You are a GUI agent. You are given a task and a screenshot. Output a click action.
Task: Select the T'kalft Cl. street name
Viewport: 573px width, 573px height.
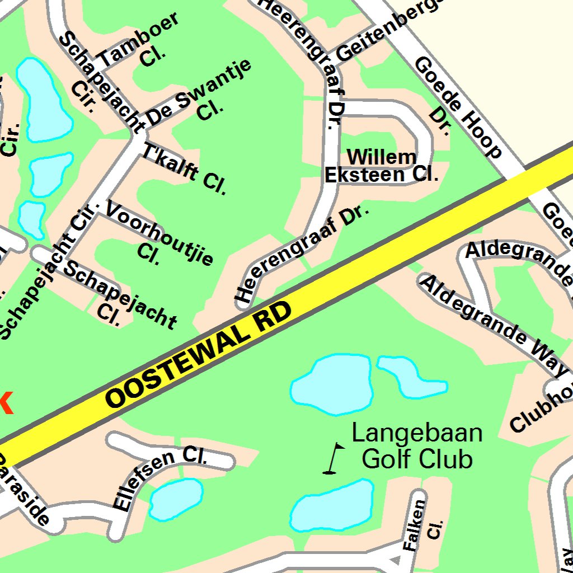tap(185, 168)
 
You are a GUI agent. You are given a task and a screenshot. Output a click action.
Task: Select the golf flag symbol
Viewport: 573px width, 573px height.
tap(335, 458)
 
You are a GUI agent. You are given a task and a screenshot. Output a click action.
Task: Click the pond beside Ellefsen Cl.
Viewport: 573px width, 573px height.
tap(176, 498)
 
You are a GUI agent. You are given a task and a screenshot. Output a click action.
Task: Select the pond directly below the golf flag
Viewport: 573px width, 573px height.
tap(331, 506)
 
